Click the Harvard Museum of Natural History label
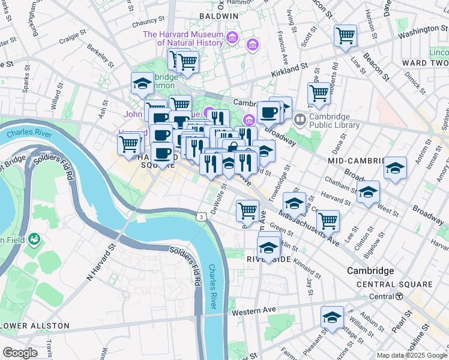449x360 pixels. tap(191, 38)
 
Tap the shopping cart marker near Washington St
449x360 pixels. tap(346, 36)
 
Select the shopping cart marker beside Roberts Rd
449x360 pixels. tap(319, 92)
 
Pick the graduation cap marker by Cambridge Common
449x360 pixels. tap(142, 83)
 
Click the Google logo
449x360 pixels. tap(20, 352)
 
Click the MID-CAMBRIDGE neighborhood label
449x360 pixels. tap(356, 161)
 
